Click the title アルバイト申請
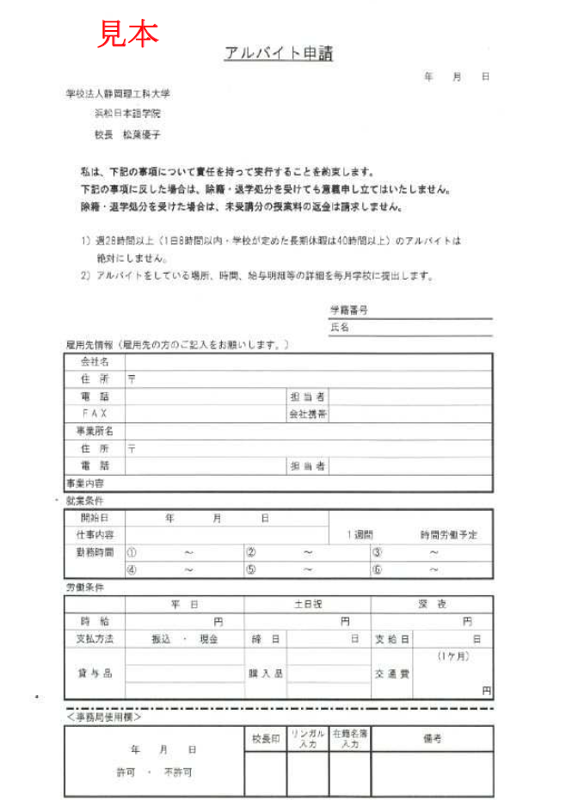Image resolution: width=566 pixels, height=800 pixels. coord(278,53)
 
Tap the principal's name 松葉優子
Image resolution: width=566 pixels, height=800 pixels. coord(141,135)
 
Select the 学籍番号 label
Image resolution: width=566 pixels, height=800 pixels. coord(349,311)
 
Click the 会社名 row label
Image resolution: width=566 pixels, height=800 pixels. coord(95,362)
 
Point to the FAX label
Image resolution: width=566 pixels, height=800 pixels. coord(95,414)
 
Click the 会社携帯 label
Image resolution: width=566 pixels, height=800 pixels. coord(307,414)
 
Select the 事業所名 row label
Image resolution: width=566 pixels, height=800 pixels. coord(95,431)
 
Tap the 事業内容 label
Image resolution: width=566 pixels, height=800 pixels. coord(85,483)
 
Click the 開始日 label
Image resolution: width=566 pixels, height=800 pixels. coord(95,518)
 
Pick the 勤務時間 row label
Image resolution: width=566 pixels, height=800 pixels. coord(95,552)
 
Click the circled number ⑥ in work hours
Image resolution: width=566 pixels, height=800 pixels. coord(377,569)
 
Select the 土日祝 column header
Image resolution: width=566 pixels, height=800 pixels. coord(307,605)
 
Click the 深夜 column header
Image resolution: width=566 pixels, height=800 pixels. coord(432,605)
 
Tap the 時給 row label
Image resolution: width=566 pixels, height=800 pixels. coord(95,621)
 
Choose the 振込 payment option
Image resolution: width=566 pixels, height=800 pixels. coord(161,639)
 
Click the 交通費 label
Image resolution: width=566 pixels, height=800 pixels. coord(391,674)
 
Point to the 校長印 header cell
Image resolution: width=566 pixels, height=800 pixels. coord(266,739)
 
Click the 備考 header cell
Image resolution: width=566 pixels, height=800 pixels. coord(432,739)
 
